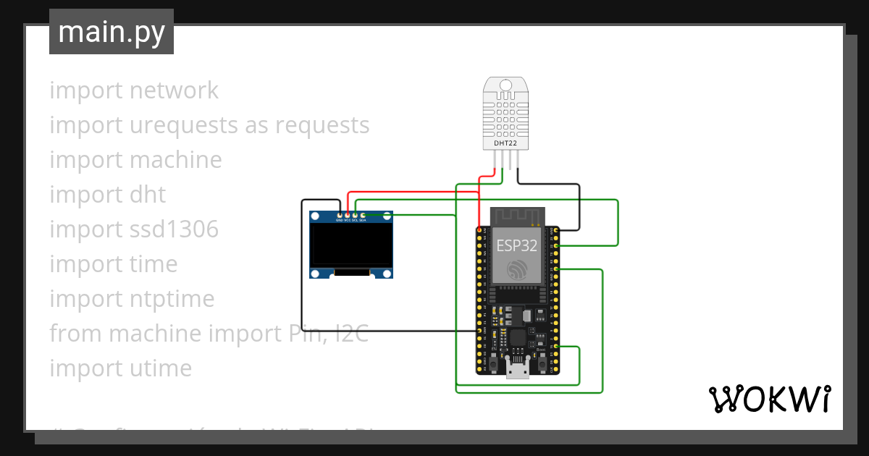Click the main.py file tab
111,32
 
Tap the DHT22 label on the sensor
505,143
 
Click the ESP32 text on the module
517,245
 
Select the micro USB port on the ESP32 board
517,370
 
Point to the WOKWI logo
769,399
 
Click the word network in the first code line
174,90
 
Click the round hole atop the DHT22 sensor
505,85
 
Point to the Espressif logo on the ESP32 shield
517,270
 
